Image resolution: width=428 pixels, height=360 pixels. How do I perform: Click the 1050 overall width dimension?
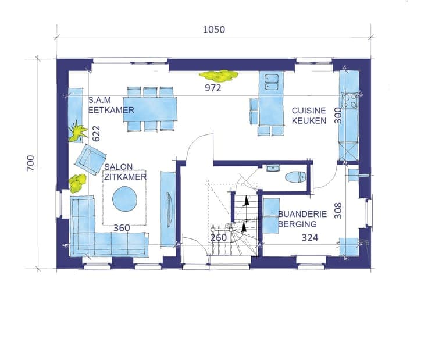[214, 30]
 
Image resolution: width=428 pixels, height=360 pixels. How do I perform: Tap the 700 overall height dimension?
[31, 163]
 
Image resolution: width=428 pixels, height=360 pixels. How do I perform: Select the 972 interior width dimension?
[213, 88]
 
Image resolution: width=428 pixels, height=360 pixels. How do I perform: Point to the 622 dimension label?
[96, 133]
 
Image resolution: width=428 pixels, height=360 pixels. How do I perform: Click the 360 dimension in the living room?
[122, 228]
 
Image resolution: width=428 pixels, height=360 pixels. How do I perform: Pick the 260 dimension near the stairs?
[219, 238]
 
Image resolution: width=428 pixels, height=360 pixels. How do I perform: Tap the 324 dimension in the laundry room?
[310, 238]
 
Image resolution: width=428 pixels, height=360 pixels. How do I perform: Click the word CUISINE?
[309, 111]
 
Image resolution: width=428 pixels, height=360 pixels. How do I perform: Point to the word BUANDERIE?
[302, 214]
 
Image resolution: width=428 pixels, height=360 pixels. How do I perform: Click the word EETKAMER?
[112, 110]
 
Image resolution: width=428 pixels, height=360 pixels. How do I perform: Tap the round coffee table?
[125, 199]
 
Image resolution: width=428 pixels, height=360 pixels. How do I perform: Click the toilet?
[295, 177]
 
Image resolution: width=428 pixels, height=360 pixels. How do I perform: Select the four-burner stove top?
[350, 101]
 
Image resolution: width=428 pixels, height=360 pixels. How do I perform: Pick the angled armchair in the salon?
[90, 159]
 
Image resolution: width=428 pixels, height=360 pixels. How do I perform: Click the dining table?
[150, 109]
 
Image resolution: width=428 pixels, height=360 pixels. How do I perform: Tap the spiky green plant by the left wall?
[78, 131]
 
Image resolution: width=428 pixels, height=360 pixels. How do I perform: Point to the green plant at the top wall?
[219, 76]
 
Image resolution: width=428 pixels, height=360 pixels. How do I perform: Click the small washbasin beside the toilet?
[273, 168]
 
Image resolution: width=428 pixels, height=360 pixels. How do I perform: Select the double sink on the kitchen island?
[272, 82]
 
